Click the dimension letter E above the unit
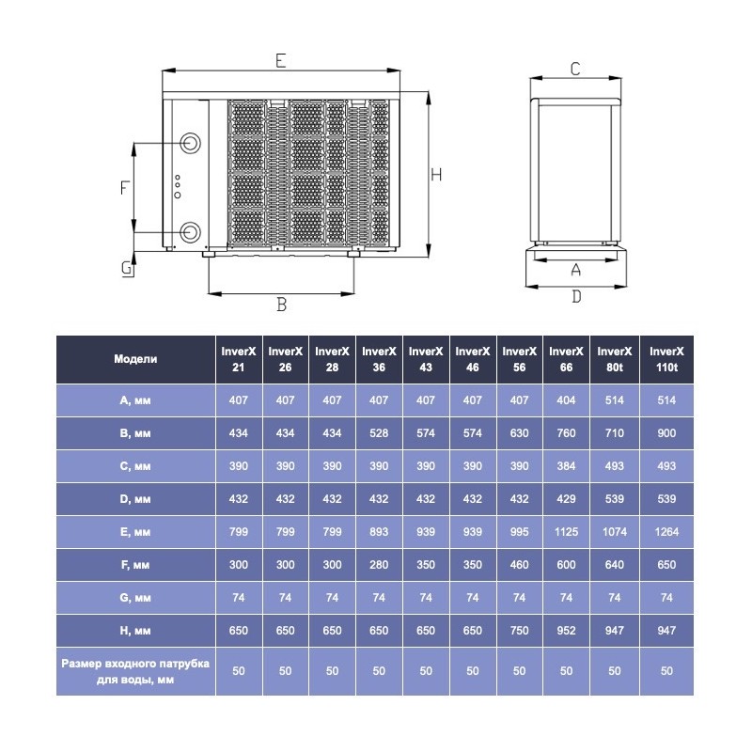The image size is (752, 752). click(280, 60)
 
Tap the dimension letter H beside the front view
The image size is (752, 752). click(436, 174)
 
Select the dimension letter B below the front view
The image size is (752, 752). click(280, 304)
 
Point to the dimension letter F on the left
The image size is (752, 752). click(123, 187)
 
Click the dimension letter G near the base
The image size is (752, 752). click(126, 268)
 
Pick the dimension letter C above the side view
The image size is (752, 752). click(575, 68)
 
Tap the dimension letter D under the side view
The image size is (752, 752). click(576, 296)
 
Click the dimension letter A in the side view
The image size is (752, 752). click(576, 269)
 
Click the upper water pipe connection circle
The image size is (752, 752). click(191, 143)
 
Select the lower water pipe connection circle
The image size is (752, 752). click(191, 231)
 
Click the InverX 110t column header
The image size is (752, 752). click(666, 358)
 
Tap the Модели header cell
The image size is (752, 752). click(135, 358)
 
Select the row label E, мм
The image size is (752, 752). click(135, 531)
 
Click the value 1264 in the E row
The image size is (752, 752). click(666, 531)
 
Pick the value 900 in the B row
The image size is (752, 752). click(666, 432)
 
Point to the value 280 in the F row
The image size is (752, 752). click(379, 564)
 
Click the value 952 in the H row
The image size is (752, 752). click(566, 630)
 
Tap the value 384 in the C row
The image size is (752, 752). click(566, 465)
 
